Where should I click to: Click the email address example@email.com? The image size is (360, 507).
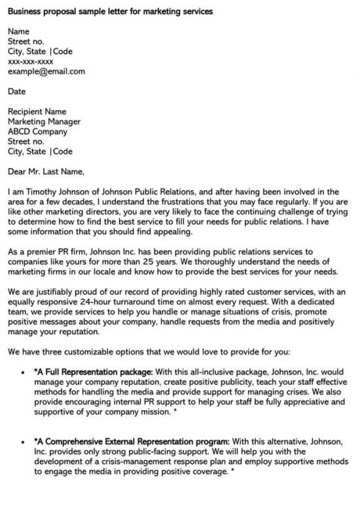[46, 71]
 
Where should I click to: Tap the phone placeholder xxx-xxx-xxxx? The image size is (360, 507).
[31, 61]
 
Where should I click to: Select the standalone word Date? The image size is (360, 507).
[17, 92]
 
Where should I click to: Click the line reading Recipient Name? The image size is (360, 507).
[37, 112]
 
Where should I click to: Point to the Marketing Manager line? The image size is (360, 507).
[45, 122]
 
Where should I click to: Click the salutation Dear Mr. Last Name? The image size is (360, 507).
[46, 172]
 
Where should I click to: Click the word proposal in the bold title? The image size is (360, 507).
[63, 12]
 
